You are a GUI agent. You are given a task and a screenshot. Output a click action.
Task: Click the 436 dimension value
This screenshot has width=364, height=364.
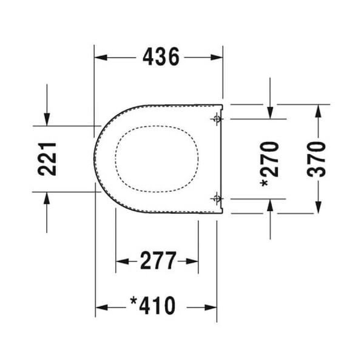161,57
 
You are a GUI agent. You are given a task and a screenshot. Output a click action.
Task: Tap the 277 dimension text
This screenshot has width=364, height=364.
158,261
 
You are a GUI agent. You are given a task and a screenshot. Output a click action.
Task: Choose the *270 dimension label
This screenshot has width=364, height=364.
270,159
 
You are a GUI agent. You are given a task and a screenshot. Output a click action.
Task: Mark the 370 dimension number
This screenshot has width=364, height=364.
317,159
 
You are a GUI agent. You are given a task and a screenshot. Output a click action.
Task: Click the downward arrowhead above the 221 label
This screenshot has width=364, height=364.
47,120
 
